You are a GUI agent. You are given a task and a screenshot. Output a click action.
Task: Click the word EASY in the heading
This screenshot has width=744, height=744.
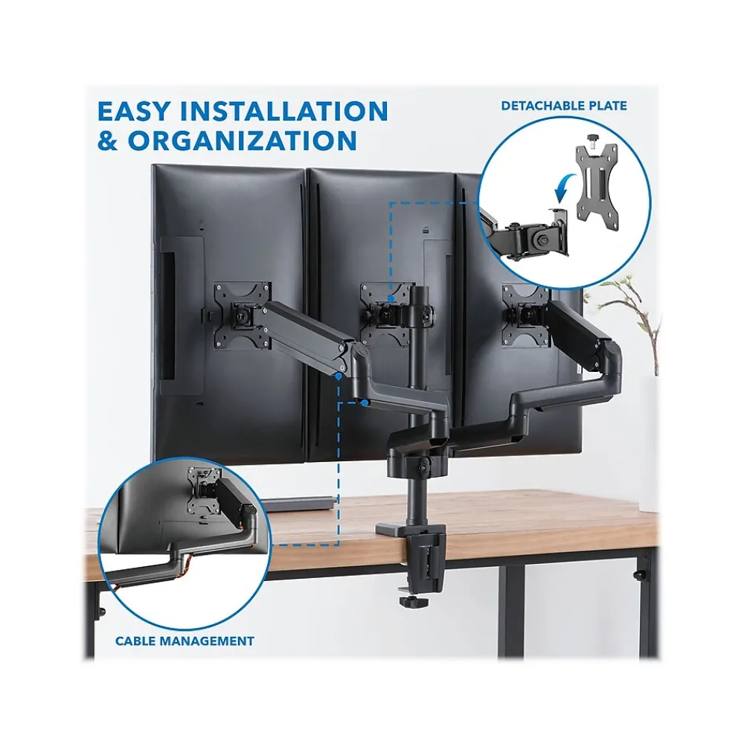[133, 111]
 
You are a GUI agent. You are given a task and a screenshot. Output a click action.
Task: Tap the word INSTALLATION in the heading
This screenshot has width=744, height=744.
[283, 111]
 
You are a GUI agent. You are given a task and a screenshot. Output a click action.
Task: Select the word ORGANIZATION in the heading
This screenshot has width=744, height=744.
[242, 141]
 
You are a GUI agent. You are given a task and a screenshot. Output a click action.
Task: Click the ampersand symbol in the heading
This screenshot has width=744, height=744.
[107, 141]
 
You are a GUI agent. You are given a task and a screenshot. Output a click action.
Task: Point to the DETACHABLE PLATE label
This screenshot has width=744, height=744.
[564, 106]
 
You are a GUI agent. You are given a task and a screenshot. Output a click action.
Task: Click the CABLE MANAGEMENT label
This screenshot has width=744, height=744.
[185, 641]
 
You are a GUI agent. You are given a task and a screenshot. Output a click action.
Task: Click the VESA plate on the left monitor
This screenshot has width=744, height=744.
[242, 315]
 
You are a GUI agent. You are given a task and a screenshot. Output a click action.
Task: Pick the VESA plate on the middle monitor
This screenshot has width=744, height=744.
[385, 314]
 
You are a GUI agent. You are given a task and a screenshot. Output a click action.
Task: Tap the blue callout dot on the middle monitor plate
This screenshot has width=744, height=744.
[390, 299]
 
